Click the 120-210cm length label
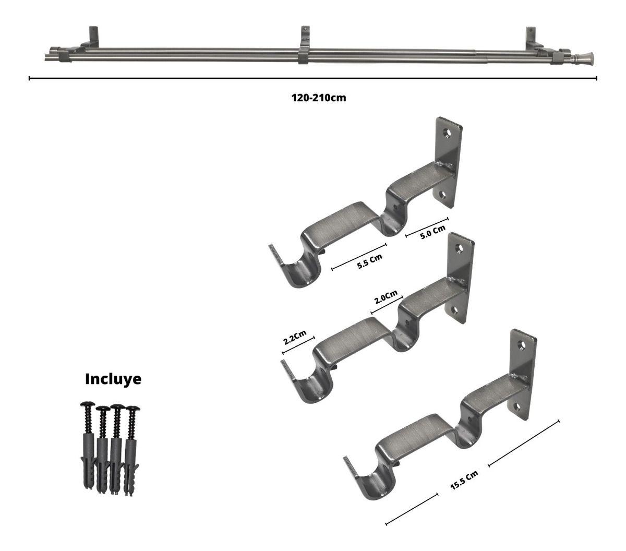point(319,98)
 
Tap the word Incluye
point(113,379)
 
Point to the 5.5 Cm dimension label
point(369,261)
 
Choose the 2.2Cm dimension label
point(295,337)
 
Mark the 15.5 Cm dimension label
point(464,480)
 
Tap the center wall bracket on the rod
point(305,45)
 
